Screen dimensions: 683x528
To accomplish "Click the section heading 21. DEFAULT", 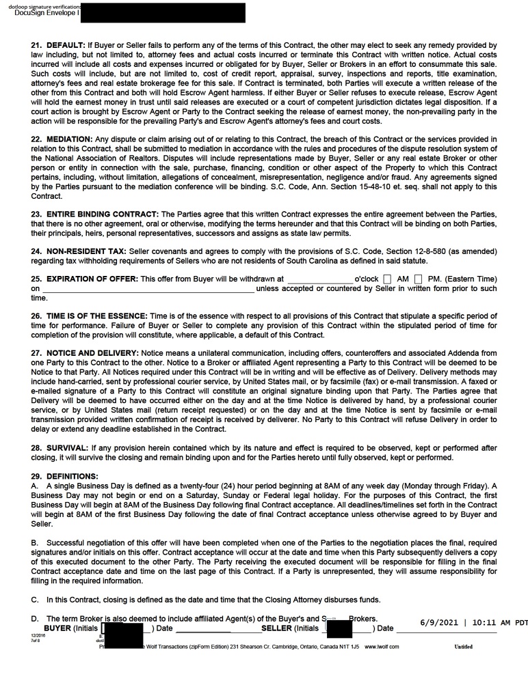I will click(58, 45).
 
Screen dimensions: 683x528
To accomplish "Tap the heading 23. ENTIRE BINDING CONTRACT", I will click(95, 214).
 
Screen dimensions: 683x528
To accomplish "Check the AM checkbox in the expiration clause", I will click(388, 279).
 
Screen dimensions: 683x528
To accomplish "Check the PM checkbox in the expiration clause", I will click(418, 279).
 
